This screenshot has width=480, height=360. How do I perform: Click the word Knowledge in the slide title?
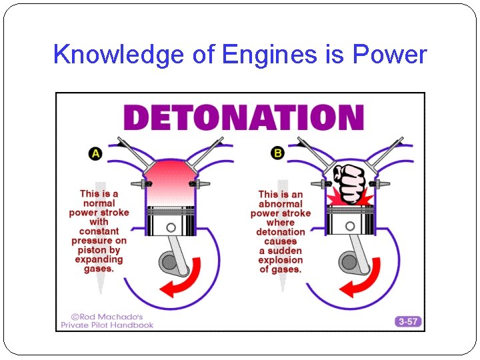[118, 55]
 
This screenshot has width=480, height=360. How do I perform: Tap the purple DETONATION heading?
[244, 118]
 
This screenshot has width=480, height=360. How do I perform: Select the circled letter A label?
[95, 153]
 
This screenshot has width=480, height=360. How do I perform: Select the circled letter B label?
[277, 153]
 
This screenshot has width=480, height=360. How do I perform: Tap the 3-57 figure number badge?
[407, 321]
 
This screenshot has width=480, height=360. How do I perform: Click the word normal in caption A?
[99, 203]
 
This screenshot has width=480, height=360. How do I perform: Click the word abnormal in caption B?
[281, 204]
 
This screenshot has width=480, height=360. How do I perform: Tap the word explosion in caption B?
[281, 260]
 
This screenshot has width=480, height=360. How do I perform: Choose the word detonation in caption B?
[281, 232]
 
